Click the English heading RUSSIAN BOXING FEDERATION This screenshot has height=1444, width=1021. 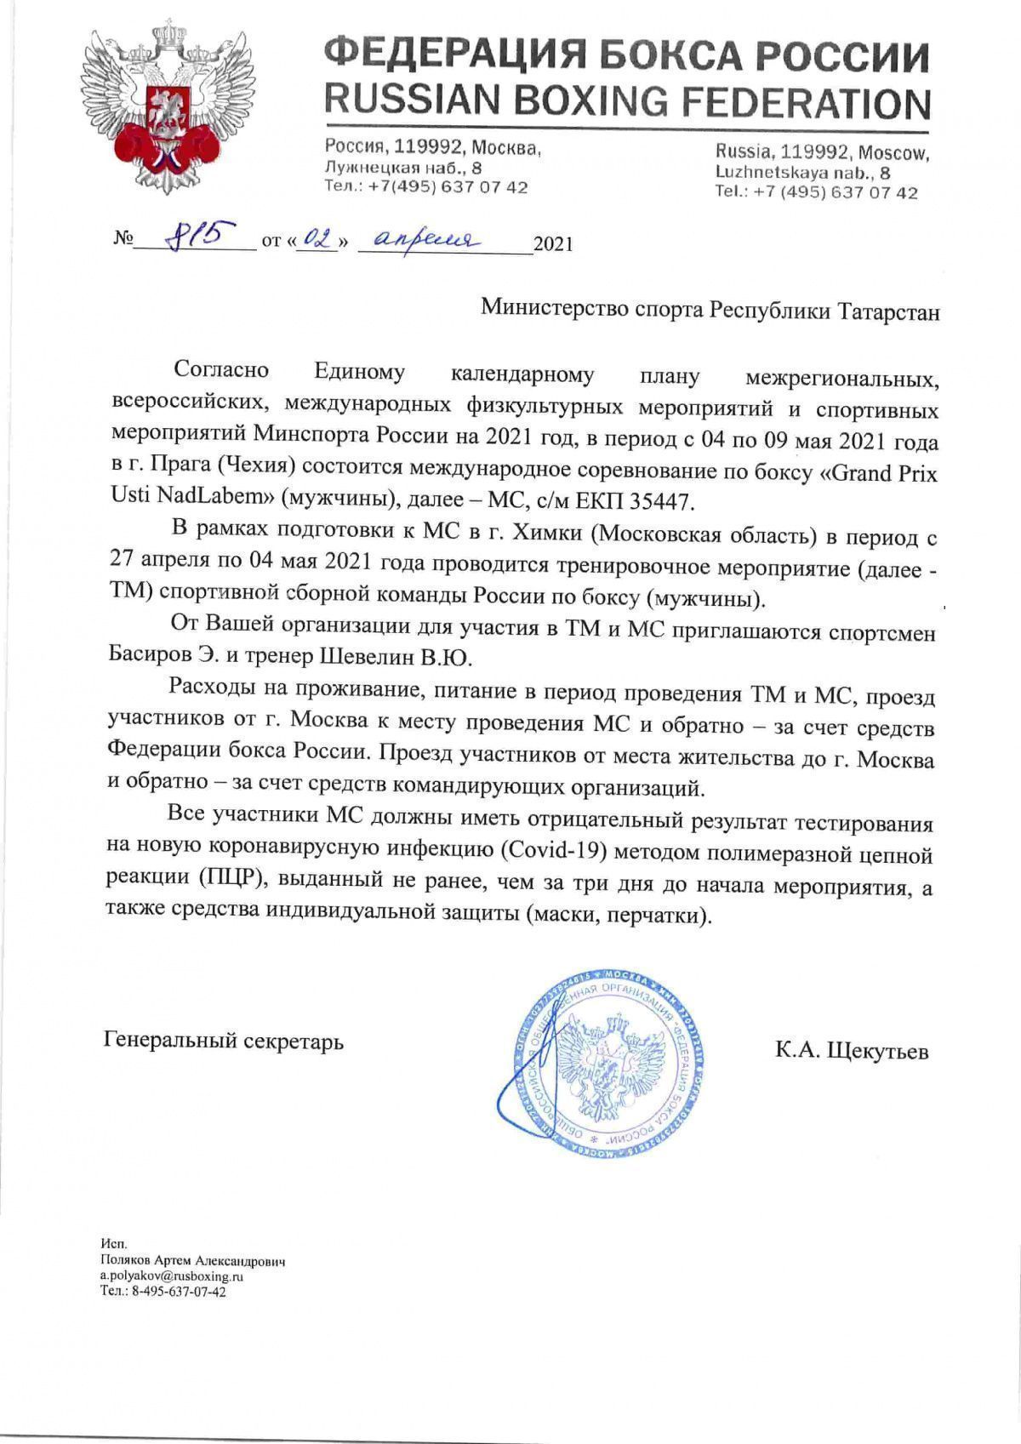point(627,101)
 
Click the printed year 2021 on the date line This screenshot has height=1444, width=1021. point(552,245)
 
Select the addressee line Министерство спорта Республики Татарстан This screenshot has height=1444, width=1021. point(710,310)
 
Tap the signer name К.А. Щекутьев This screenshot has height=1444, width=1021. point(852,1051)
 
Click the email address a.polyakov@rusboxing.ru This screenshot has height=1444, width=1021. point(172,1276)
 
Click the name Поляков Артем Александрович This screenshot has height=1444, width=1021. point(192,1261)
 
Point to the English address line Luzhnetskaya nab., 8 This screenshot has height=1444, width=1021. point(801,172)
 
